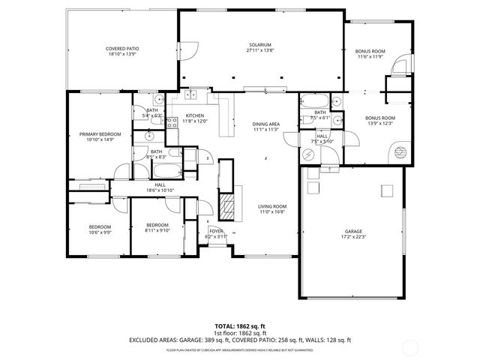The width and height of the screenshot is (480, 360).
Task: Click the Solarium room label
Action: coord(260,44)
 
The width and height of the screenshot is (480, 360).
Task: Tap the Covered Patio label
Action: coord(123,49)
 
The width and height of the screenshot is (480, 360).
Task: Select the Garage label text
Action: coord(354,231)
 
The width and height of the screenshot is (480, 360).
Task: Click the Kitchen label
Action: coord(195,115)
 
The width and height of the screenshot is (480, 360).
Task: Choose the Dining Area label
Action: coord(266,124)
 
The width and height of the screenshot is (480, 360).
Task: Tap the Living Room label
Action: coord(273,206)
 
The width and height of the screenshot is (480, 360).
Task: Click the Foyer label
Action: coord(216,231)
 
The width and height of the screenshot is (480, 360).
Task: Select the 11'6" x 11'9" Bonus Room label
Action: coord(370,51)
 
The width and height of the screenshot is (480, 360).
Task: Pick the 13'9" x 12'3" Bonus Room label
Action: coord(380,118)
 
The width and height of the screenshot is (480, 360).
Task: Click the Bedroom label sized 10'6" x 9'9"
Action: coord(100,226)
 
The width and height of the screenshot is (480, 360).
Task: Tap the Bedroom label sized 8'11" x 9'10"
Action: coord(157,225)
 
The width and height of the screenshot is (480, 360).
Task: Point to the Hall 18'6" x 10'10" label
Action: coord(160,184)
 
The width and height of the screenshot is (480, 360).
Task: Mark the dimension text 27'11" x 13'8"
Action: coord(260,49)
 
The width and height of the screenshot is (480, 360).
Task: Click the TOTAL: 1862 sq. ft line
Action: coord(240,326)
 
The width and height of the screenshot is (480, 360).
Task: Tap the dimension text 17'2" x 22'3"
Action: coord(354,236)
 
